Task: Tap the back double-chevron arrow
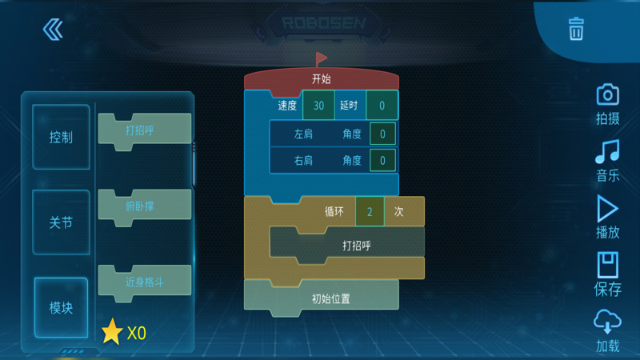[53, 30]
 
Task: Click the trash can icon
[576, 30]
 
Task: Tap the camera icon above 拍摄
[608, 94]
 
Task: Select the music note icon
[607, 151]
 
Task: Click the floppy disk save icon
[608, 265]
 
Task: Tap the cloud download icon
[608, 322]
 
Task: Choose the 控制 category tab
[61, 137]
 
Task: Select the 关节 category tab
[61, 222]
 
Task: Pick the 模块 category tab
[61, 308]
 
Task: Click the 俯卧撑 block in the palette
[144, 206]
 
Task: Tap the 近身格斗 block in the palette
[144, 282]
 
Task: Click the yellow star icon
[112, 331]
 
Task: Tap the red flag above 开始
[321, 59]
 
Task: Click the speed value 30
[318, 106]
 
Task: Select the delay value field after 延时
[382, 106]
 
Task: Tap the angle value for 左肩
[382, 134]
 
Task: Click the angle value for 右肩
[382, 161]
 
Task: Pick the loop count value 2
[370, 212]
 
